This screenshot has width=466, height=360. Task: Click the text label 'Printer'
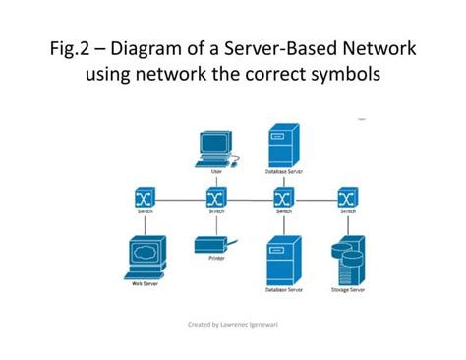point(216,259)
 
